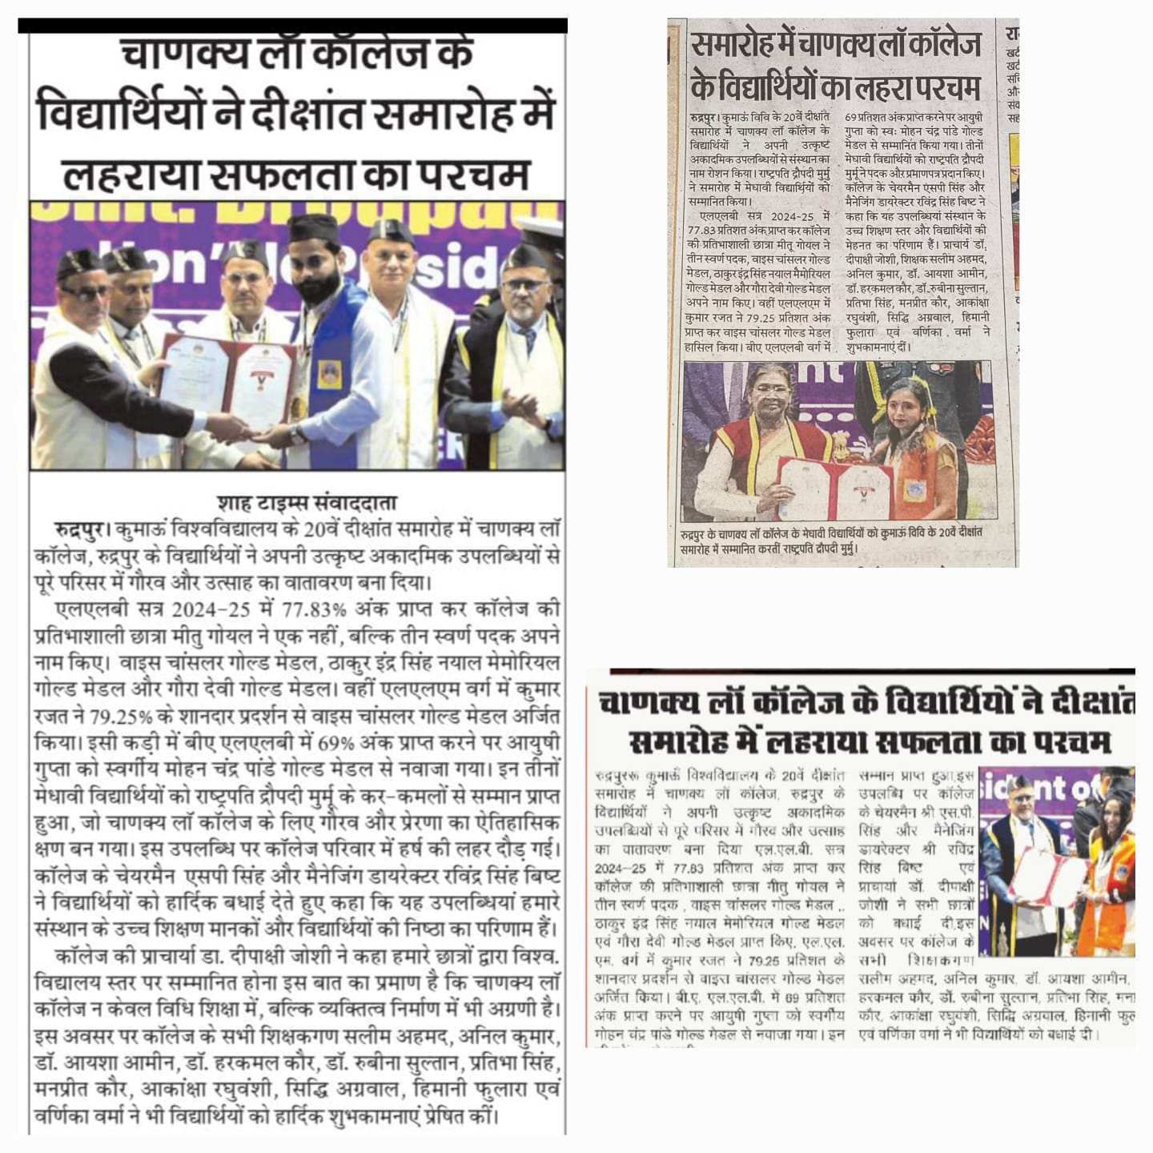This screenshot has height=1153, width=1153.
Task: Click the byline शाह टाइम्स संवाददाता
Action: (x=307, y=503)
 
